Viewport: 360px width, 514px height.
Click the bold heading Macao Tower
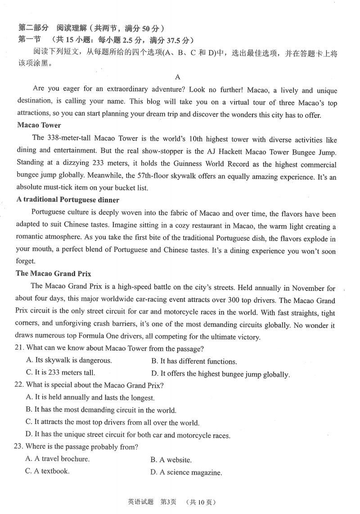pos(39,125)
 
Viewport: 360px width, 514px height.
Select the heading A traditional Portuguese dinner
pos(67,199)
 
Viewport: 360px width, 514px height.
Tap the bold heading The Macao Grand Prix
pos(54,273)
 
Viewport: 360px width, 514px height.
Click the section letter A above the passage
pos(178,77)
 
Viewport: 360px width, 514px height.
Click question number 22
pos(20,385)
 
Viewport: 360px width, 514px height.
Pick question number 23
pos(20,447)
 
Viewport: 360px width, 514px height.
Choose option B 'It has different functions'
pos(194,361)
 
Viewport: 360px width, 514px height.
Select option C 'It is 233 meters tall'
pos(60,373)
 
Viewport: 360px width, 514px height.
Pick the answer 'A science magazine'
pos(186,472)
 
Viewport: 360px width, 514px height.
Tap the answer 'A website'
pos(171,460)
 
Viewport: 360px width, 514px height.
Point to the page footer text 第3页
pos(168,502)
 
